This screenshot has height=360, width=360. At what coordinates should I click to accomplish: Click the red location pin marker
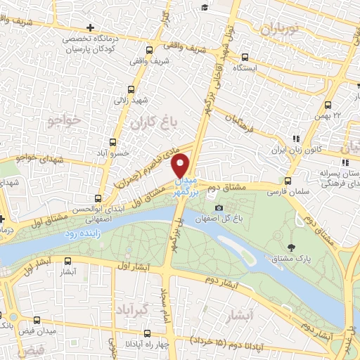point(181,165)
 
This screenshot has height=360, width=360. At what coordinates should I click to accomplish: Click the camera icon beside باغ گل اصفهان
point(219,208)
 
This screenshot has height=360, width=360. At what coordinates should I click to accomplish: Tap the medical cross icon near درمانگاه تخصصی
point(108,27)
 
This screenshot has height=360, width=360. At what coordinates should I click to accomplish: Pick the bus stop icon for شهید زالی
point(131,89)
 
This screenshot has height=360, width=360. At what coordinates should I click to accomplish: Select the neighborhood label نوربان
point(280,29)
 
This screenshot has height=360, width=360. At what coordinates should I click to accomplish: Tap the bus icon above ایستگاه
point(244,57)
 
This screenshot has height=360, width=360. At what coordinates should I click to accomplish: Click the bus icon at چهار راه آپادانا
point(146,334)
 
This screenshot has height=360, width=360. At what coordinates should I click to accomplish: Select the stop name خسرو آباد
point(131,153)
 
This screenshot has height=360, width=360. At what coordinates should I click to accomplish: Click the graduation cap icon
point(204,7)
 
